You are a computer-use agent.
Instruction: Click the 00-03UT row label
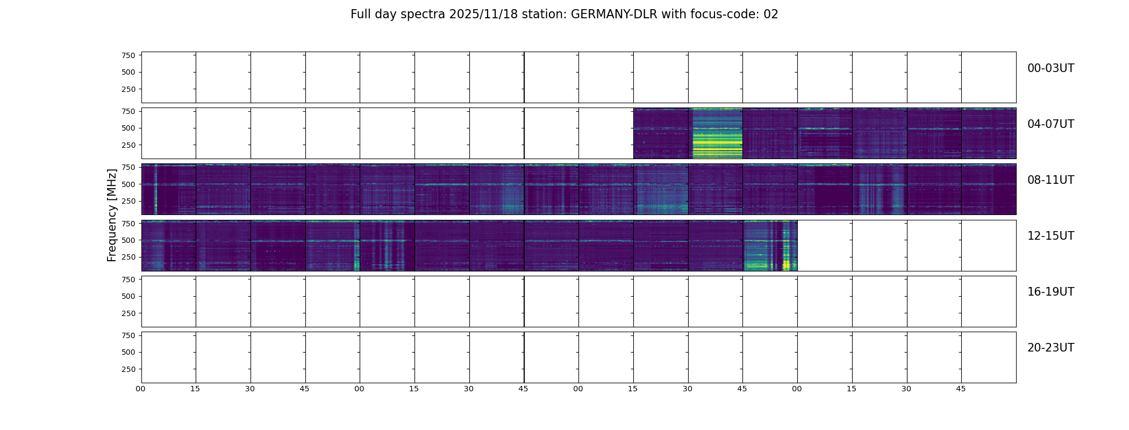click(x=1051, y=68)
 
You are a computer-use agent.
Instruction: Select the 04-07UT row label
click(x=1051, y=124)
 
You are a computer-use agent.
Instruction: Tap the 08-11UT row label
click(x=1051, y=180)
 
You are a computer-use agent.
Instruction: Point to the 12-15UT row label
click(x=1051, y=236)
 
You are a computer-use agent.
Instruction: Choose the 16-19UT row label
click(x=1051, y=292)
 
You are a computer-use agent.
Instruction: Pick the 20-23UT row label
click(x=1051, y=348)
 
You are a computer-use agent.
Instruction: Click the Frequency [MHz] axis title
click(x=112, y=215)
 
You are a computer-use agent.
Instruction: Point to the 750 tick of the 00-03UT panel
click(x=128, y=55)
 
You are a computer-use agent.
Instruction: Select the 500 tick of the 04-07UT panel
click(x=128, y=128)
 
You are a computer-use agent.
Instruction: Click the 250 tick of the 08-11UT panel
click(x=128, y=201)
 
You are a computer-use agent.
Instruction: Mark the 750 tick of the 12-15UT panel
click(x=128, y=223)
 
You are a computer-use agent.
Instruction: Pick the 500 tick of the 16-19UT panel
click(x=128, y=296)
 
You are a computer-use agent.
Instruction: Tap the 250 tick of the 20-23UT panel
click(x=128, y=369)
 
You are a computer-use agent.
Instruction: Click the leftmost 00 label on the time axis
click(x=141, y=389)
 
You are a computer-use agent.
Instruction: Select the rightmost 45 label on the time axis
click(x=961, y=389)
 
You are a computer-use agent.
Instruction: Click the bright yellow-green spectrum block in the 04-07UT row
click(x=716, y=133)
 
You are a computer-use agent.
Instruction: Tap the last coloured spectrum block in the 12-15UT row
click(x=770, y=246)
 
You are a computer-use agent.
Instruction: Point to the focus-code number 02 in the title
click(x=771, y=15)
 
